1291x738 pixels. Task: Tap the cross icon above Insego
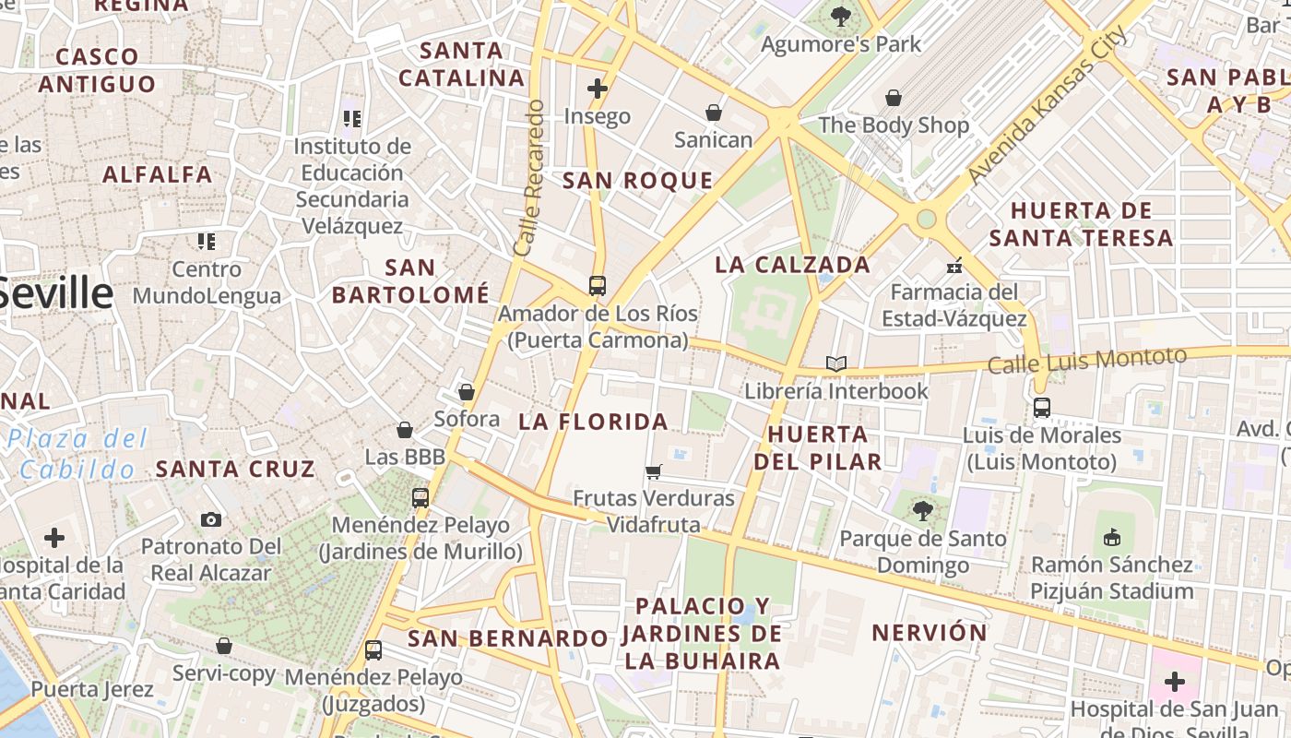click(x=598, y=89)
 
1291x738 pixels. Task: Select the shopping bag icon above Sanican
click(x=713, y=113)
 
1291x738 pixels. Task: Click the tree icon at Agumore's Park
click(x=840, y=16)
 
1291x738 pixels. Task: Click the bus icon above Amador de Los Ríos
click(x=598, y=285)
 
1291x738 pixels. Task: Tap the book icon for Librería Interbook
click(x=836, y=363)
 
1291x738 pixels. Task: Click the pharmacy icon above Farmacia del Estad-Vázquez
click(x=954, y=266)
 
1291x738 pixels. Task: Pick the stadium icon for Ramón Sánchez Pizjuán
click(x=1112, y=536)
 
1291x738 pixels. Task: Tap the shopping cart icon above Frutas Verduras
click(x=654, y=471)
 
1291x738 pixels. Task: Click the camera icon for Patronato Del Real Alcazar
click(x=211, y=519)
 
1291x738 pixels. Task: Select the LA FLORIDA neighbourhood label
click(x=593, y=422)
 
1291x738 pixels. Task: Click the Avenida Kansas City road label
click(x=1047, y=106)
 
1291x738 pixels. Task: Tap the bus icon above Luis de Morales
click(x=1042, y=407)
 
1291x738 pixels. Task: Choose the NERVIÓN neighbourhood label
click(x=930, y=633)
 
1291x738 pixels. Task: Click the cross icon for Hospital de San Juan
click(x=1174, y=682)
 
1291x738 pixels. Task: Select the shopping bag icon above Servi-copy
click(x=224, y=646)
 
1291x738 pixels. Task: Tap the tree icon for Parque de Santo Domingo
click(x=922, y=510)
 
